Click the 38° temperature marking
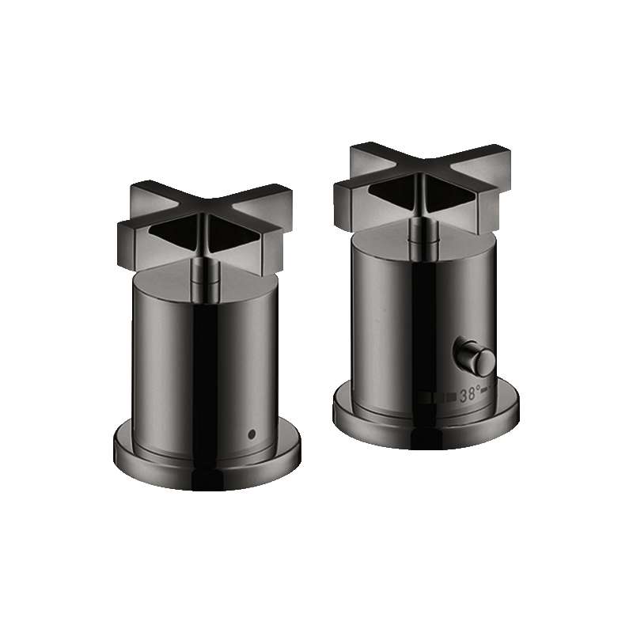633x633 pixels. click(x=470, y=394)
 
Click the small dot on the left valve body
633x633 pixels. click(x=252, y=434)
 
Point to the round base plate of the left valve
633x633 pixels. click(x=207, y=461)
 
